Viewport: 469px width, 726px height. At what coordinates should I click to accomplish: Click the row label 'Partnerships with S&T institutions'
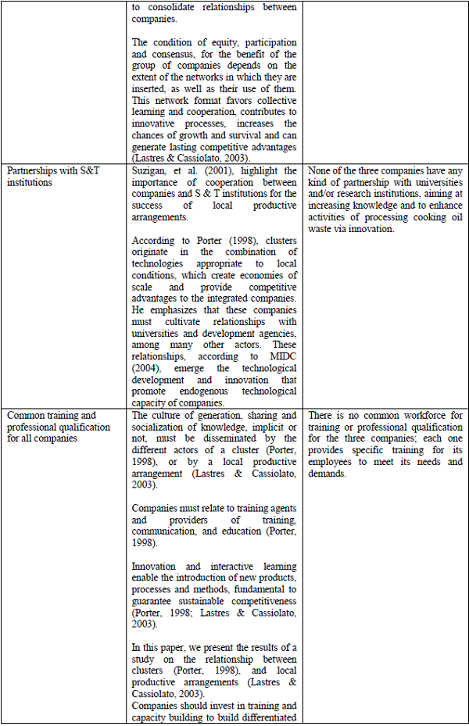[55, 177]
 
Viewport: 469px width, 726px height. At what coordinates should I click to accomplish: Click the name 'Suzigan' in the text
[150, 171]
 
